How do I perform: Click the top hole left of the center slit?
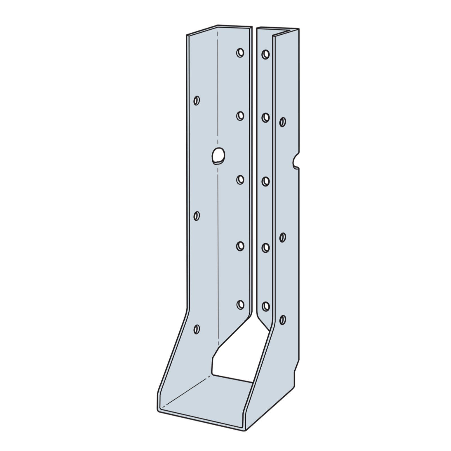[240, 53]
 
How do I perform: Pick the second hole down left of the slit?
[240, 116]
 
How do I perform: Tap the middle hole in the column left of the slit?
[240, 180]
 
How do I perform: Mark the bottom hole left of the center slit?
[240, 304]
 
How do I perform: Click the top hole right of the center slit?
[265, 54]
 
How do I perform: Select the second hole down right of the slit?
[265, 117]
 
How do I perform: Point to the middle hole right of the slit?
[265, 181]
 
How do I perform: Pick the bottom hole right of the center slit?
[265, 306]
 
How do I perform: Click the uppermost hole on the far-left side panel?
[197, 100]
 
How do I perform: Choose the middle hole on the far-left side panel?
[197, 216]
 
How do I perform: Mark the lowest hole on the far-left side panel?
[197, 329]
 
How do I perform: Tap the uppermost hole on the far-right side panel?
[282, 122]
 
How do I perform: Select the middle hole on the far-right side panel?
[282, 237]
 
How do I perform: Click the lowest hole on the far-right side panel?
[282, 319]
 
